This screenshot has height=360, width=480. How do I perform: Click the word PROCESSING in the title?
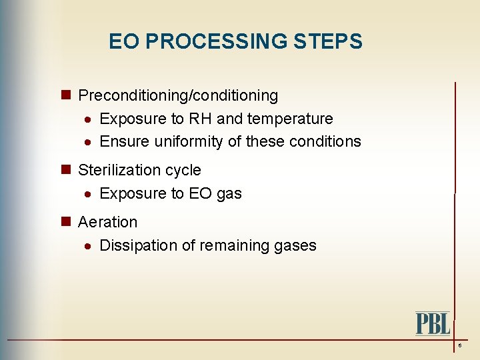click(220, 42)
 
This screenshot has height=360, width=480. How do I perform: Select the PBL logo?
click(433, 323)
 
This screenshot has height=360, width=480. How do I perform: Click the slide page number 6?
click(459, 346)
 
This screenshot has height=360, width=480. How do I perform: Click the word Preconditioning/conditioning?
click(178, 96)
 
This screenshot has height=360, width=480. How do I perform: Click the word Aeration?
click(107, 222)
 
